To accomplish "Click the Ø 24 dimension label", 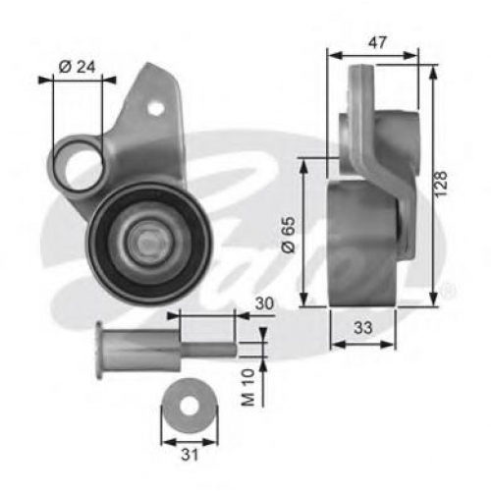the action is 78,67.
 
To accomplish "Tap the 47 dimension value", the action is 377,43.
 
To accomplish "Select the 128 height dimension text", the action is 441,184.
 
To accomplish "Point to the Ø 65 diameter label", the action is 289,235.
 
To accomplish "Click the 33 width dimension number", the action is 362,327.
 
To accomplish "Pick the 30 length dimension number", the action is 264,303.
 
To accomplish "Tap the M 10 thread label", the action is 248,388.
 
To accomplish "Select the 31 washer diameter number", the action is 190,455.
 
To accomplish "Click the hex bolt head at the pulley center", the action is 147,243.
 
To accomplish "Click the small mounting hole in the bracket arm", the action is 155,108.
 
